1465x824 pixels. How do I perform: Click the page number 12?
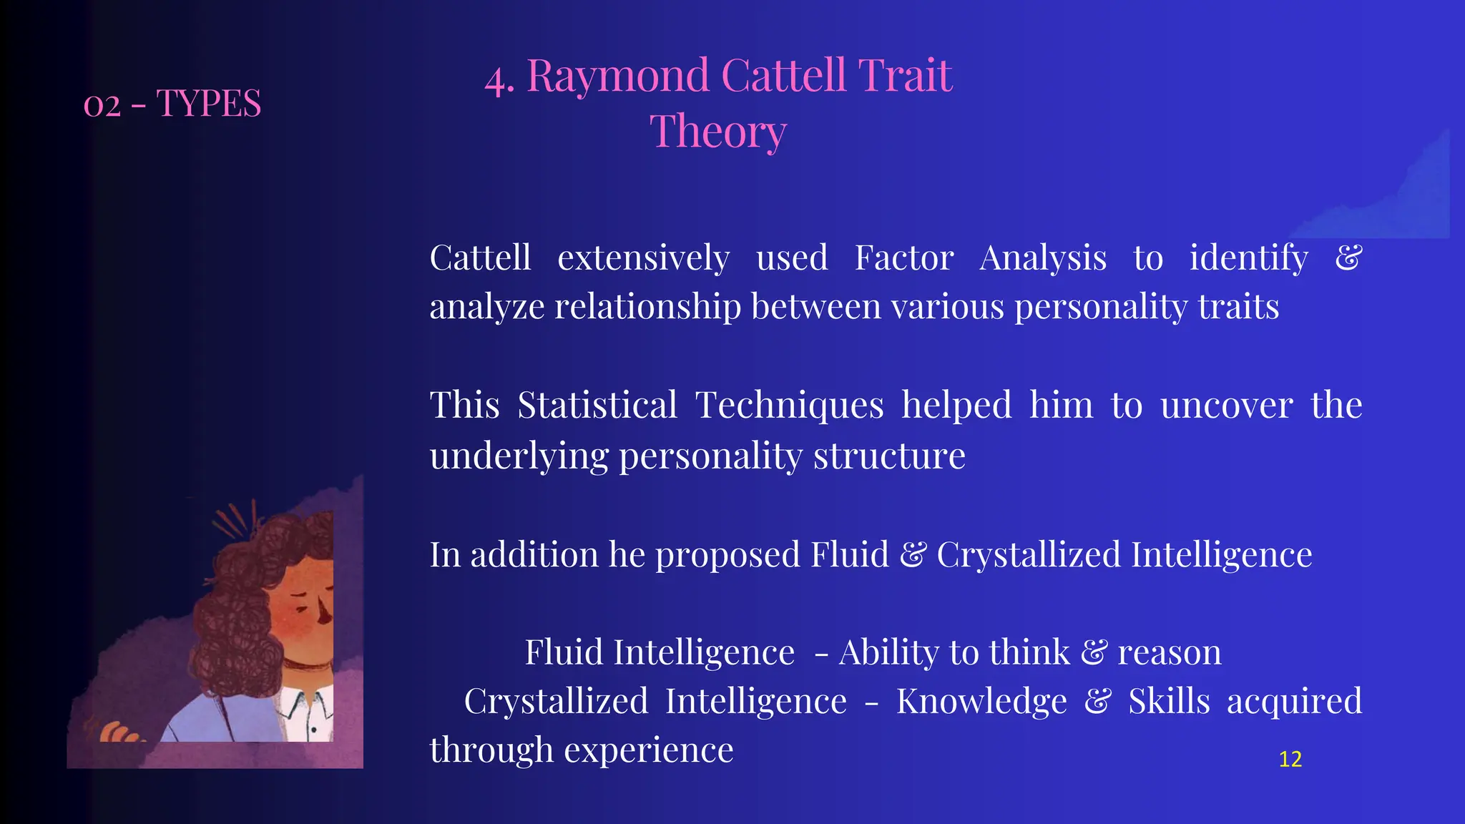[1290, 759]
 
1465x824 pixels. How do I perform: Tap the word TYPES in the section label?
[208, 104]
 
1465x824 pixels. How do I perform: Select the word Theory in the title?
[717, 132]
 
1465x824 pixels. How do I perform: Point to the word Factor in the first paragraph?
[903, 258]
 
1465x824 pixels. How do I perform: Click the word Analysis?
[1043, 258]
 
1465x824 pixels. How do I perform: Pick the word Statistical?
[597, 406]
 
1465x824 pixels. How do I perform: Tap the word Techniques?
[790, 406]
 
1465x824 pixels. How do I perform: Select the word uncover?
[1226, 406]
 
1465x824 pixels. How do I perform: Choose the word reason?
[1170, 653]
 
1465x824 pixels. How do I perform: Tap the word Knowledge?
[981, 702]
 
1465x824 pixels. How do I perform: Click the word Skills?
[1169, 702]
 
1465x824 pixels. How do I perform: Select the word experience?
[649, 750]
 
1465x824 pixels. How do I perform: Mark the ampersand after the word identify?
[1348, 258]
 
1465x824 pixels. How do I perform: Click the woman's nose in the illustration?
[325, 612]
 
